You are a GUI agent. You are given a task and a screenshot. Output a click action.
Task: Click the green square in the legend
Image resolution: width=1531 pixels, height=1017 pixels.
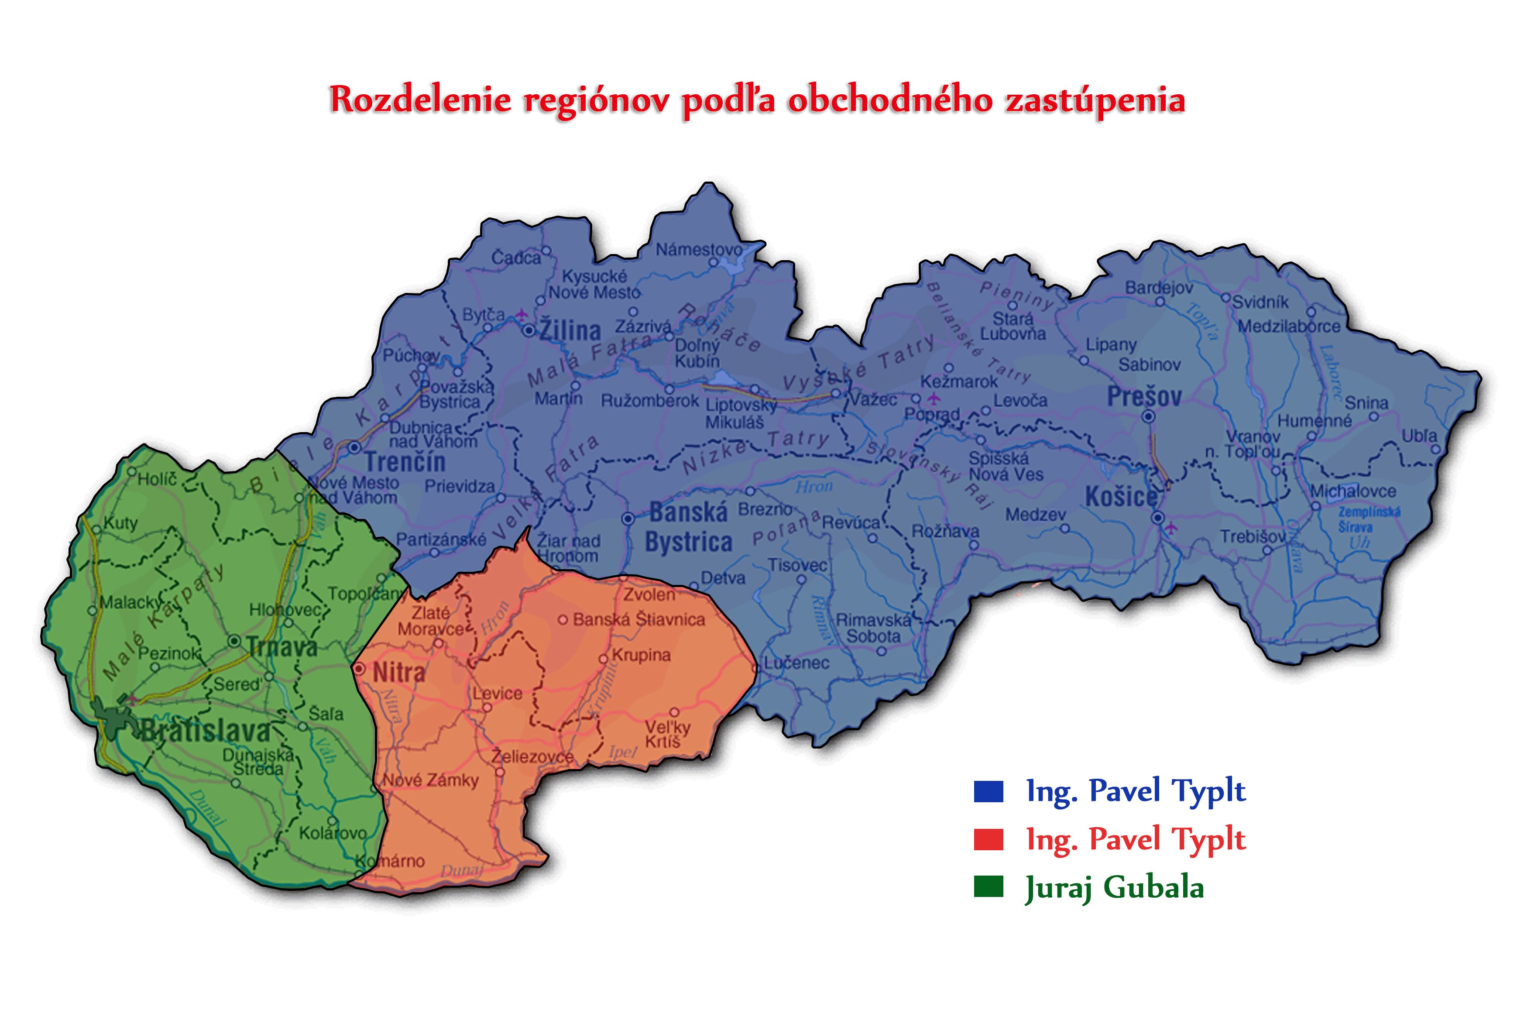tap(988, 886)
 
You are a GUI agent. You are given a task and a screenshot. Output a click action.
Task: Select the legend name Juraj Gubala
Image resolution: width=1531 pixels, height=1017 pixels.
tap(1114, 888)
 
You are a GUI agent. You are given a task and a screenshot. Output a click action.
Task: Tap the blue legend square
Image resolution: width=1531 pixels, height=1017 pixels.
tap(988, 791)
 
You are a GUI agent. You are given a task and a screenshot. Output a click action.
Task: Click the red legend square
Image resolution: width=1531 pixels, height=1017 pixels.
tap(988, 839)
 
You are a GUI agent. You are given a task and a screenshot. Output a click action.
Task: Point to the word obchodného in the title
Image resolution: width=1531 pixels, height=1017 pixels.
tap(890, 100)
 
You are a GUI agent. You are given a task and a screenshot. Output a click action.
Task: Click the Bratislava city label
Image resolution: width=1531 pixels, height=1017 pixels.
tap(205, 731)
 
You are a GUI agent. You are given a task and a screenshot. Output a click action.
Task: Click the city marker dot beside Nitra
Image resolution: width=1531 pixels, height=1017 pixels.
tap(359, 669)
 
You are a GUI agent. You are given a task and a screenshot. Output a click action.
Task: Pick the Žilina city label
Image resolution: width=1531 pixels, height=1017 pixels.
tap(570, 330)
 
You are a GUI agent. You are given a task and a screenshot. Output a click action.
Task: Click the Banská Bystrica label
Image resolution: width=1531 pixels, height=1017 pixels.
tap(689, 527)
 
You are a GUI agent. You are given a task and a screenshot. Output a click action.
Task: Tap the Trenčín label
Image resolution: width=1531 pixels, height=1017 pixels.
tap(405, 462)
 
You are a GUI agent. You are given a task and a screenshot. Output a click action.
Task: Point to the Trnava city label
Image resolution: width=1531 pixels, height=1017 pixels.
tap(282, 646)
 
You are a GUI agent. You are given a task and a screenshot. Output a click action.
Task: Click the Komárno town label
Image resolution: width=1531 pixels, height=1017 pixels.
tap(391, 861)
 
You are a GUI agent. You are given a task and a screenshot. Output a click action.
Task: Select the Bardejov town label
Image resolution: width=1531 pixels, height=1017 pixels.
tap(1159, 287)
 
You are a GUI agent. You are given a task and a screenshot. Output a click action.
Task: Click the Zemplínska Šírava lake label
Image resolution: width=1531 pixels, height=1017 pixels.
tap(1368, 519)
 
